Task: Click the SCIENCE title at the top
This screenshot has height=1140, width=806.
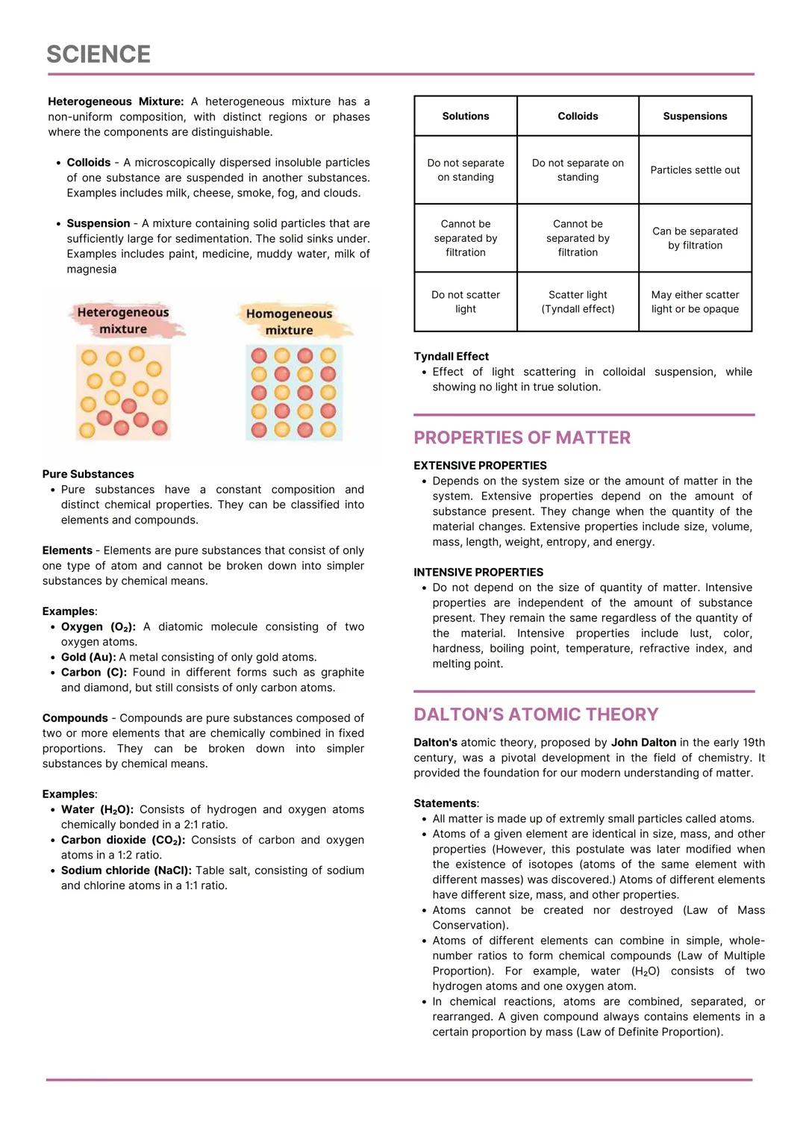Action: pos(99,54)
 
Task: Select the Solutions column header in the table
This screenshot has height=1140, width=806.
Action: pos(466,116)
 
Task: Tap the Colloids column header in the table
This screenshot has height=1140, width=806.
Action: pos(578,116)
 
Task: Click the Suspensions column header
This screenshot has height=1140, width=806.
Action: pos(695,116)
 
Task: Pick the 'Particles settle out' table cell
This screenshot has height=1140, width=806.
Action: pos(695,170)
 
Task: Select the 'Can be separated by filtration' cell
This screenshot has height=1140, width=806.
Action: pos(695,238)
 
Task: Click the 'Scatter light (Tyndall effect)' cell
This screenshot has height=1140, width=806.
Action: pos(578,302)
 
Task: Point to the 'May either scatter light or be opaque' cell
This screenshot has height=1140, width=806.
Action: pos(695,302)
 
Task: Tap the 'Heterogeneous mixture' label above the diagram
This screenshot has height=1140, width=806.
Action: pos(123,320)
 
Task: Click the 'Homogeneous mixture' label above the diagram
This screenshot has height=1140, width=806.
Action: pos(289,322)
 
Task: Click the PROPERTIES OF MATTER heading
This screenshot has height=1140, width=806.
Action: pos(522,437)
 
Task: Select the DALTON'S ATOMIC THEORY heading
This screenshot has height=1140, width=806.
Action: pos(536,714)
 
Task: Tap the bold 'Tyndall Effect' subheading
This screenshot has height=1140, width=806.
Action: pos(451,356)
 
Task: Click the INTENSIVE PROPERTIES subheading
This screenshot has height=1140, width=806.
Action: pos(478,572)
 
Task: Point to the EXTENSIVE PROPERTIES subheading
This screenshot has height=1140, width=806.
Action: pos(480,465)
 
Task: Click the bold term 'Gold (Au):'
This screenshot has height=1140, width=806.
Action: pos(88,657)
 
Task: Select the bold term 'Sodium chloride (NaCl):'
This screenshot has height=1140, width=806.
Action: pos(126,870)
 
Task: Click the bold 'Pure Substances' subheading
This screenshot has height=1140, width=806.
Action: pos(88,474)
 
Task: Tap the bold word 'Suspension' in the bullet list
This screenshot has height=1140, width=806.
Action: pos(98,223)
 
